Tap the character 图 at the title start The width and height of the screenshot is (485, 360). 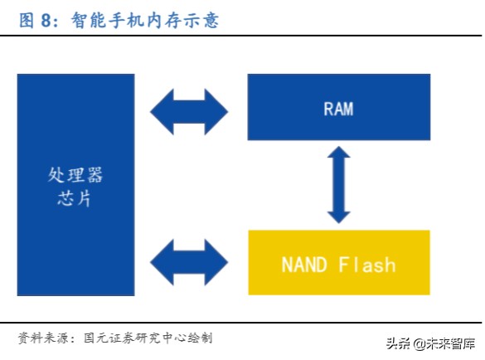26,21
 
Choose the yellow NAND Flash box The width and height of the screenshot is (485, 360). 339,263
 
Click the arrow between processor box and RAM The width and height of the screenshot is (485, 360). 189,107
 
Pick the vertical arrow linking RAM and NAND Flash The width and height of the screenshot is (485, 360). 338,185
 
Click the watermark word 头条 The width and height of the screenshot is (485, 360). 397,343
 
